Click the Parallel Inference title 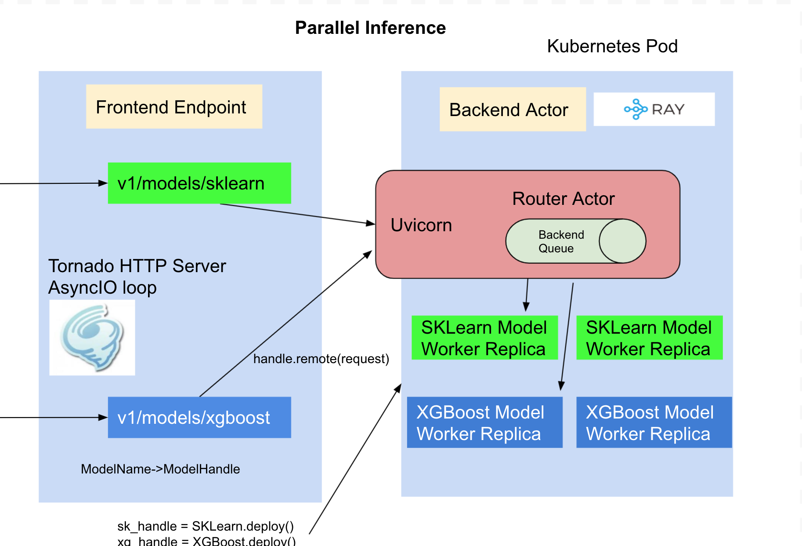point(370,28)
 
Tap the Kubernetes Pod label point(612,46)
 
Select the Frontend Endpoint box point(174,107)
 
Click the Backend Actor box point(512,109)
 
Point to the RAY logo point(654,109)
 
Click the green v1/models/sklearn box point(199,183)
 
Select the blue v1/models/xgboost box point(199,417)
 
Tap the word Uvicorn point(421,225)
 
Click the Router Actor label point(563,199)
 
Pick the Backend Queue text point(560,241)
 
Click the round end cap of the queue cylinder point(622,241)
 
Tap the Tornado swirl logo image point(92,337)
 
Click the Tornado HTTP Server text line point(137,266)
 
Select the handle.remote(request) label point(321,359)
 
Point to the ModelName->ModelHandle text point(160,469)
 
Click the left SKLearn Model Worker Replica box point(484,338)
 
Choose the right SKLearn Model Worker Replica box point(649,338)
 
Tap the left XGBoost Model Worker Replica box point(484,422)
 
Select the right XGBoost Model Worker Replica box point(653,422)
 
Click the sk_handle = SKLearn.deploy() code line point(206,526)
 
